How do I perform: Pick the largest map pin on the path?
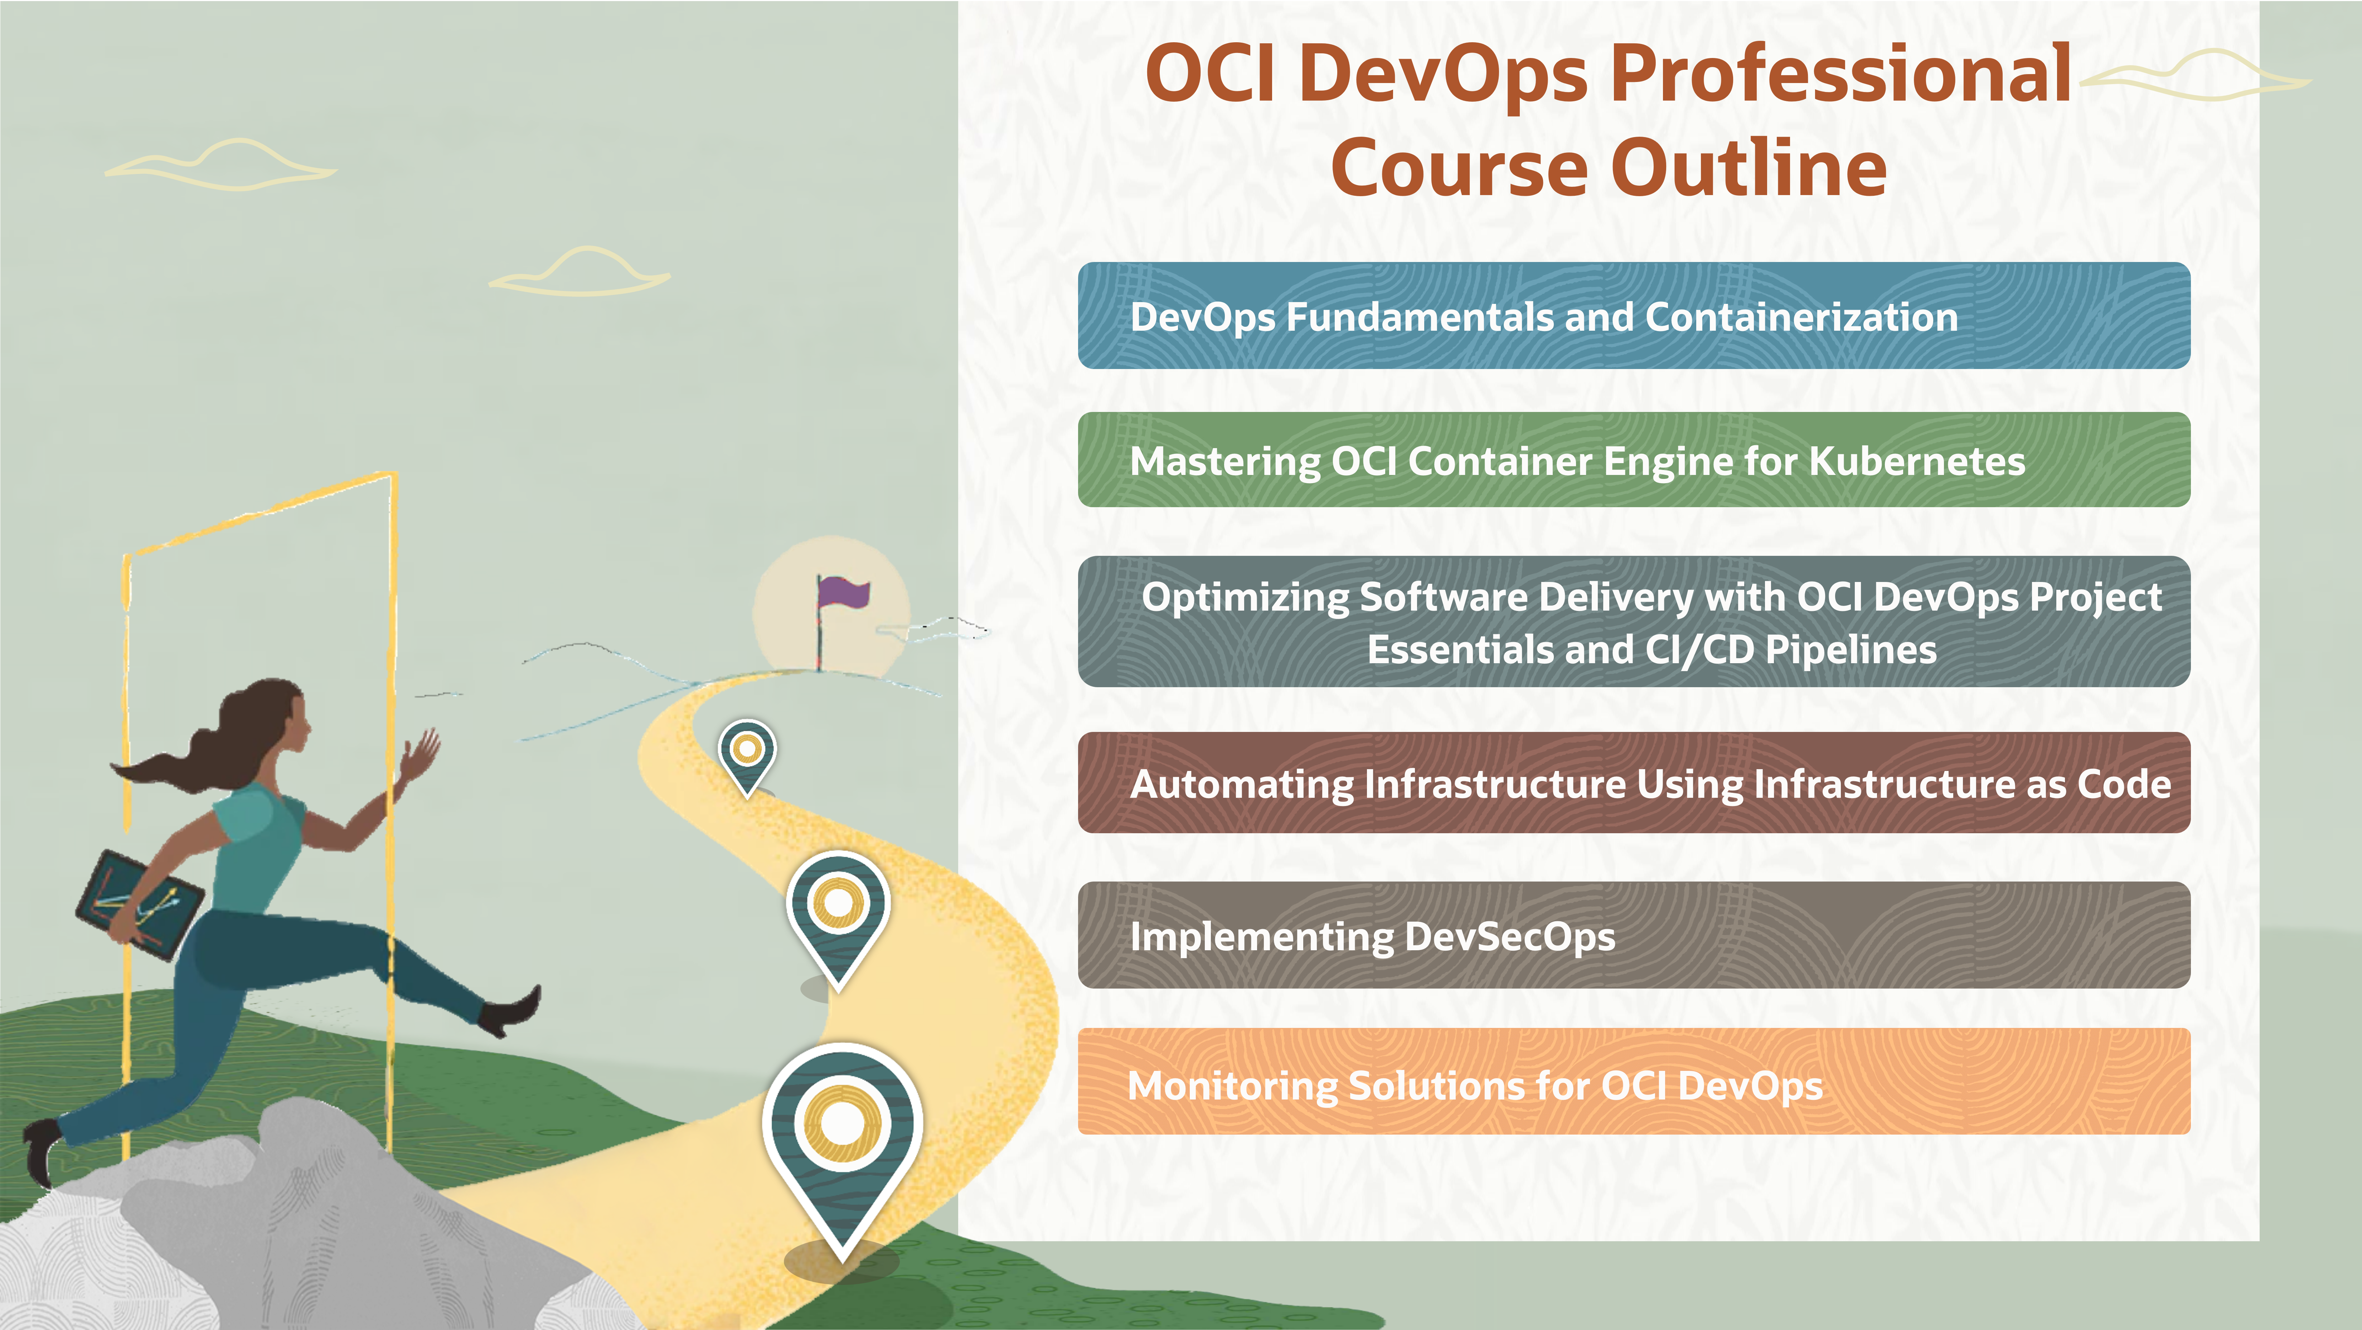click(x=842, y=1137)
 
